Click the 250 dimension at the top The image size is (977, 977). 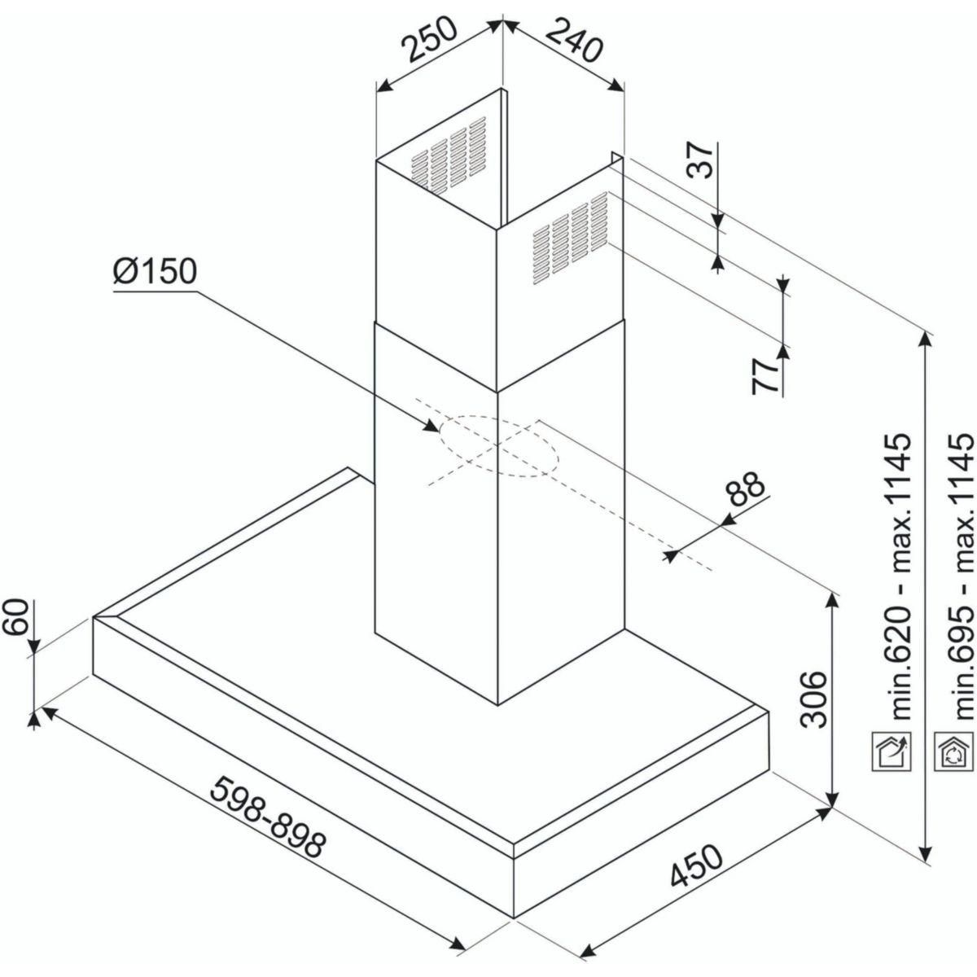[430, 41]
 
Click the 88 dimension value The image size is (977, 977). [744, 491]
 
